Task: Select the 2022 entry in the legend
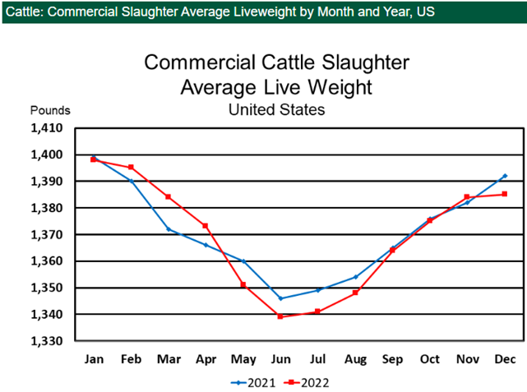[x=305, y=382]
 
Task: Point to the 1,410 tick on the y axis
[x=47, y=128]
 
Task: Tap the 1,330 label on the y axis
[x=47, y=341]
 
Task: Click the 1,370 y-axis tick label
[x=47, y=235]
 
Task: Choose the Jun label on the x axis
[x=280, y=359]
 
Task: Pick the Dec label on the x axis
[x=505, y=359]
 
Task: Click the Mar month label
[x=168, y=359]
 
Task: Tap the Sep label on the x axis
[x=392, y=359]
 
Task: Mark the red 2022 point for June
[x=280, y=316]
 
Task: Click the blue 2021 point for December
[x=505, y=176]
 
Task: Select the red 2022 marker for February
[x=131, y=168]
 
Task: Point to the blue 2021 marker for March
[x=169, y=229]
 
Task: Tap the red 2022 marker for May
[x=243, y=284]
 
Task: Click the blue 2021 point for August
[x=355, y=277]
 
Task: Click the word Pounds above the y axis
[x=51, y=110]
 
